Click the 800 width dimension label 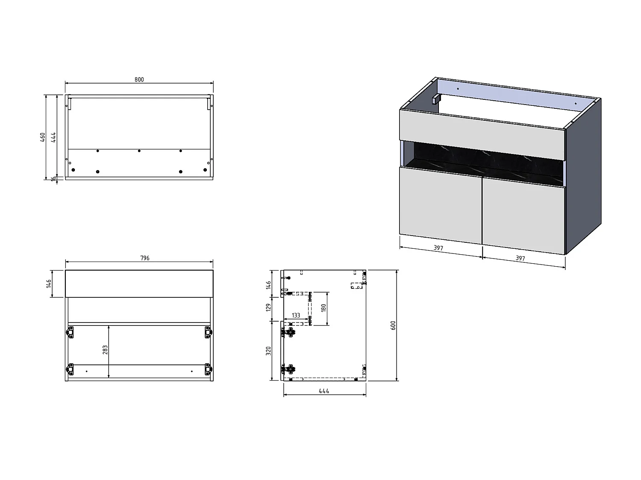[x=139, y=79]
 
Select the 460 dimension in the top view [x=43, y=137]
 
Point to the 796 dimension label [x=145, y=258]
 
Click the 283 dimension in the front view [x=105, y=350]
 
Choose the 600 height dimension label [x=393, y=325]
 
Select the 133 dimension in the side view [x=296, y=315]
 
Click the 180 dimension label [x=323, y=308]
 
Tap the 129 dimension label [x=268, y=307]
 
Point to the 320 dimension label [x=268, y=351]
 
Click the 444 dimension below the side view [x=324, y=391]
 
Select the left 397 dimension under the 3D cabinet [x=438, y=248]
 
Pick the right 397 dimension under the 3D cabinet [x=520, y=258]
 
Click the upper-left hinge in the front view [x=71, y=332]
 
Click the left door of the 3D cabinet [x=440, y=206]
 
